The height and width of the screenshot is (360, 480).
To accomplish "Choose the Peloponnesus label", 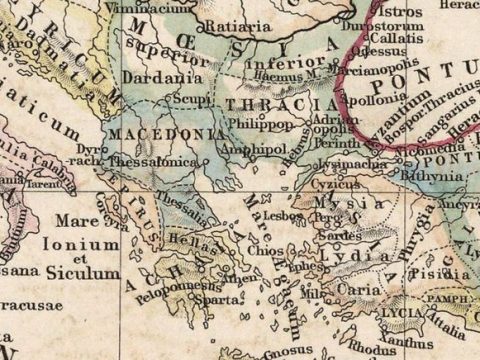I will pyautogui.click(x=173, y=284).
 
